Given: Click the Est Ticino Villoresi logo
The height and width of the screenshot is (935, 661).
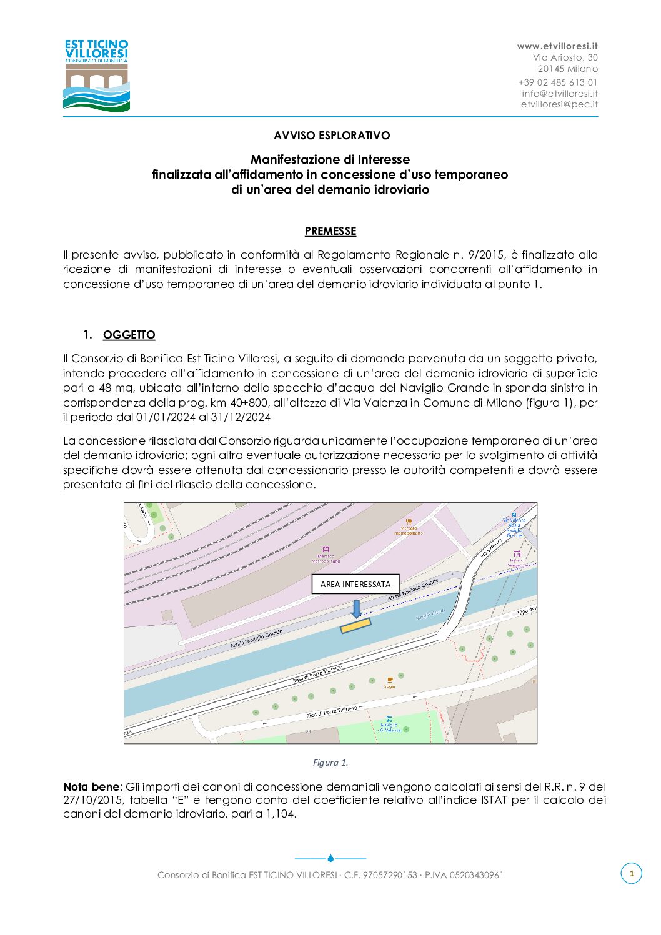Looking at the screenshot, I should point(96,76).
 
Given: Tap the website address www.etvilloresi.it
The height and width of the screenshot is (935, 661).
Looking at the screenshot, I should point(557,46).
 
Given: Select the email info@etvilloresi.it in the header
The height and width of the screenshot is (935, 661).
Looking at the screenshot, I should point(560,93).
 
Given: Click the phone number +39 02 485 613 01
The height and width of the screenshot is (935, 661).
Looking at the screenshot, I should point(558,82).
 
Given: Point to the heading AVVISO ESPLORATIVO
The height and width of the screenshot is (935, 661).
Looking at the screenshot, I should point(332,136).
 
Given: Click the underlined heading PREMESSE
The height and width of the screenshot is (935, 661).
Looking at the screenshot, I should point(330,231).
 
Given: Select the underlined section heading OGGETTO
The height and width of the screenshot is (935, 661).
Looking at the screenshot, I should point(129,335).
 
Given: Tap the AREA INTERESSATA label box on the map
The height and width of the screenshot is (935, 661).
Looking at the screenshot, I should point(355,584).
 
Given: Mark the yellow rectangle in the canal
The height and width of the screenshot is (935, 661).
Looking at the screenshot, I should point(355,625).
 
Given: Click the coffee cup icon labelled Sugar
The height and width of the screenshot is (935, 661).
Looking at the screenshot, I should point(390,679).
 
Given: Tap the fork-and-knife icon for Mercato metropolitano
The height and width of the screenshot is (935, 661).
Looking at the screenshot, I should point(409,521).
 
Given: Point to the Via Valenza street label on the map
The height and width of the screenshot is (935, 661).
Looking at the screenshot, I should point(491,548).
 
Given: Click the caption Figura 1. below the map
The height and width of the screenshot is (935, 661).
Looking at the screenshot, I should point(330,763).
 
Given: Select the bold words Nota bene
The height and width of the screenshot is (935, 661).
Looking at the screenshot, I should point(91,787).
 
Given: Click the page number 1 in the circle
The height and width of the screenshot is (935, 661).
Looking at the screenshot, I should point(631,873).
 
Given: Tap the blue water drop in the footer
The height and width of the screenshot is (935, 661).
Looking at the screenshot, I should point(330,858).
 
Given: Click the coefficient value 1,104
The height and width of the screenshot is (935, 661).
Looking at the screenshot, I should point(280,814).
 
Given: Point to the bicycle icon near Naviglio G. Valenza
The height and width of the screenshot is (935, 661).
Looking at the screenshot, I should point(389,719).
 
